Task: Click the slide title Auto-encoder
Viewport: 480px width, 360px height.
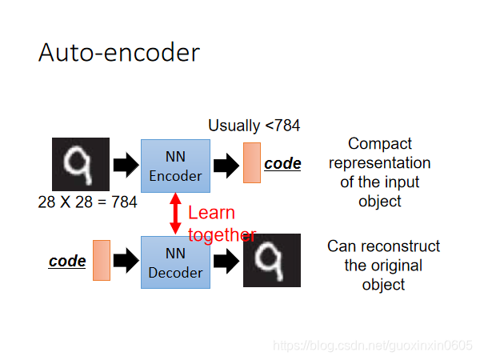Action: click(x=118, y=53)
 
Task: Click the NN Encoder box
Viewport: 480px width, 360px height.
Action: click(x=175, y=165)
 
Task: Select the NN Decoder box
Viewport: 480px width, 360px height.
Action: click(x=175, y=262)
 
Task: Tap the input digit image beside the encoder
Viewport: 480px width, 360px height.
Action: click(x=80, y=165)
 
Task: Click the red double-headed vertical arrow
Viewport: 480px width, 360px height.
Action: click(x=175, y=214)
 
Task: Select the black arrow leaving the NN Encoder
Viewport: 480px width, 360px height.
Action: click(x=226, y=166)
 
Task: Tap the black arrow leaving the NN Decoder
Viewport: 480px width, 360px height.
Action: click(x=226, y=262)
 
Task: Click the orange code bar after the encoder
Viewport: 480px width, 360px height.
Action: click(x=252, y=163)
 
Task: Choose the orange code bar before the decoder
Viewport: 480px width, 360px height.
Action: click(x=101, y=260)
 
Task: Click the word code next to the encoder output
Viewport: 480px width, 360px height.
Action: click(x=282, y=164)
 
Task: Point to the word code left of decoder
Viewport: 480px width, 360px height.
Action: click(x=67, y=262)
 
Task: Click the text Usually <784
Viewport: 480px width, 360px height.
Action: click(x=254, y=126)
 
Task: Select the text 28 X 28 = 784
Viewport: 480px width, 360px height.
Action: click(x=87, y=202)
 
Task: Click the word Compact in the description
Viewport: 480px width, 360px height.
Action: click(x=380, y=144)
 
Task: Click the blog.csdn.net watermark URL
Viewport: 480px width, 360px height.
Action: click(x=373, y=345)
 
